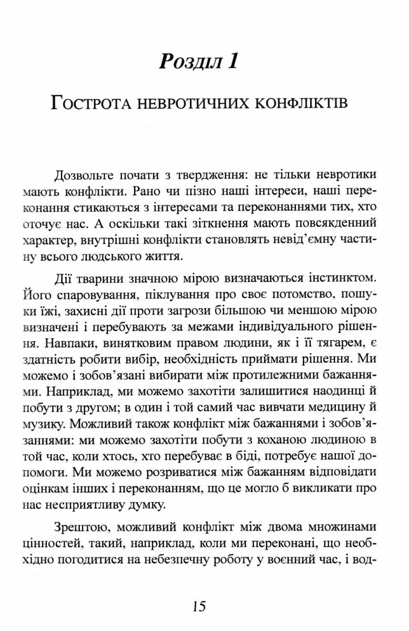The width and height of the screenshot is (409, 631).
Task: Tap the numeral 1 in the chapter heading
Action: point(231,63)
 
